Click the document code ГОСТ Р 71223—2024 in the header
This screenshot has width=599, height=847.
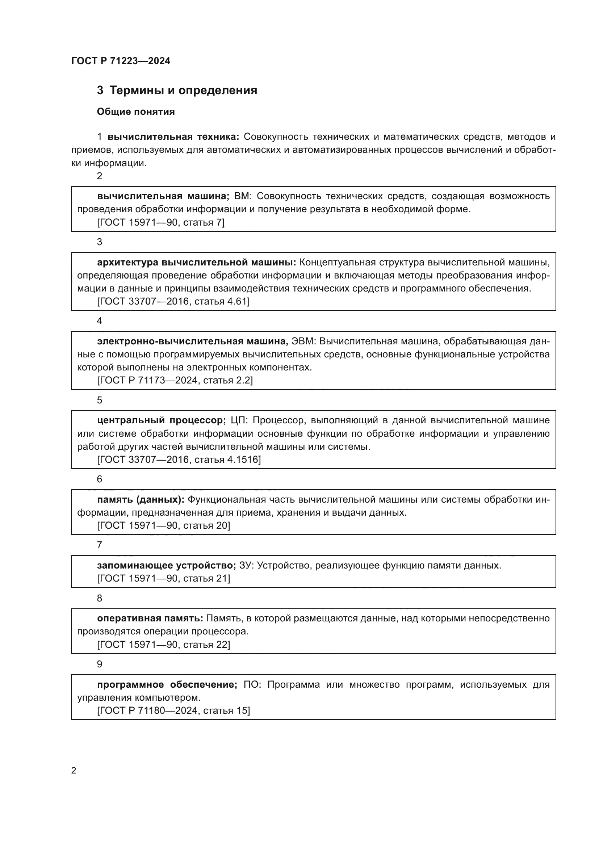click(x=121, y=61)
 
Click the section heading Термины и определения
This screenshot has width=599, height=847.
click(x=183, y=91)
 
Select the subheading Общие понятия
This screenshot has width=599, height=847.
click(x=136, y=112)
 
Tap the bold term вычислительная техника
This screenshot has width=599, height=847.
click(x=173, y=137)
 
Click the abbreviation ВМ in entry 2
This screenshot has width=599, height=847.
click(x=242, y=196)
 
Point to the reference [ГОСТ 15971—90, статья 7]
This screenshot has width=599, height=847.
click(x=160, y=222)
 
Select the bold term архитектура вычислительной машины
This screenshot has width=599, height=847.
click(x=197, y=262)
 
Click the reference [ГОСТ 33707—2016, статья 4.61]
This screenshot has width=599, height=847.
click(x=173, y=301)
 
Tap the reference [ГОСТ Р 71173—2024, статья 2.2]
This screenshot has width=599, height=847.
click(x=175, y=380)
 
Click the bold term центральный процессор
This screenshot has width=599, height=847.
click(x=161, y=420)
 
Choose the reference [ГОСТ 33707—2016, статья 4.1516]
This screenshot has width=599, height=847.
click(x=179, y=459)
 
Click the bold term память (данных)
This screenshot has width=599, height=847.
click(x=141, y=499)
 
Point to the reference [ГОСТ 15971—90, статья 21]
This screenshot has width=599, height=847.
click(x=163, y=578)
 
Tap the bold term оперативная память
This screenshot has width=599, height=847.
click(x=150, y=618)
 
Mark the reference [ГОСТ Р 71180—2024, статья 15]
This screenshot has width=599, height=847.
click(x=173, y=710)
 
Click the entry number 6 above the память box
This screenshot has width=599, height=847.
click(x=99, y=479)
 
